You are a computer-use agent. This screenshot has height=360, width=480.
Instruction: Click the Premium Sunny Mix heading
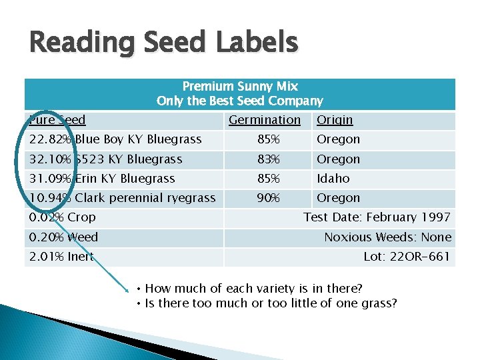pyautogui.click(x=240, y=87)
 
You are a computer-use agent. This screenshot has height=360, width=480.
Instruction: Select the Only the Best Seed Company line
pyautogui.click(x=240, y=101)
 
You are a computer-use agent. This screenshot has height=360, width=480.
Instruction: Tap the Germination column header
pyautogui.click(x=265, y=120)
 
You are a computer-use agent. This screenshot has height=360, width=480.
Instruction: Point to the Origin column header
pyautogui.click(x=335, y=120)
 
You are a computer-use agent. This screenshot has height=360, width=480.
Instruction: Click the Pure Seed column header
pyautogui.click(x=57, y=120)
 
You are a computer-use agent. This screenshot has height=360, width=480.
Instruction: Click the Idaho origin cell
pyautogui.click(x=333, y=179)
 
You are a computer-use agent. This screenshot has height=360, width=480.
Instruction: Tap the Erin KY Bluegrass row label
pyautogui.click(x=102, y=179)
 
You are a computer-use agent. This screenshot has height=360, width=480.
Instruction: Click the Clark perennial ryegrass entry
pyautogui.click(x=123, y=198)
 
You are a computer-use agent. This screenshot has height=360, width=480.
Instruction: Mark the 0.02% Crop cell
pyautogui.click(x=63, y=217)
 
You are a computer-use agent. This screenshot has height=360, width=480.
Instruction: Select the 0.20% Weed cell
pyautogui.click(x=63, y=237)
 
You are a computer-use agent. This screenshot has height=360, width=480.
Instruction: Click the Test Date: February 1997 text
pyautogui.click(x=377, y=217)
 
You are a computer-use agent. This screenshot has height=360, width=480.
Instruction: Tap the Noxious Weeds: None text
pyautogui.click(x=387, y=237)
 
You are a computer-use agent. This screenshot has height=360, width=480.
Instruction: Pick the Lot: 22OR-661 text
pyautogui.click(x=407, y=257)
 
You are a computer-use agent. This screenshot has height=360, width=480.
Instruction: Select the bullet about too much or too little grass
pyautogui.click(x=270, y=303)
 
